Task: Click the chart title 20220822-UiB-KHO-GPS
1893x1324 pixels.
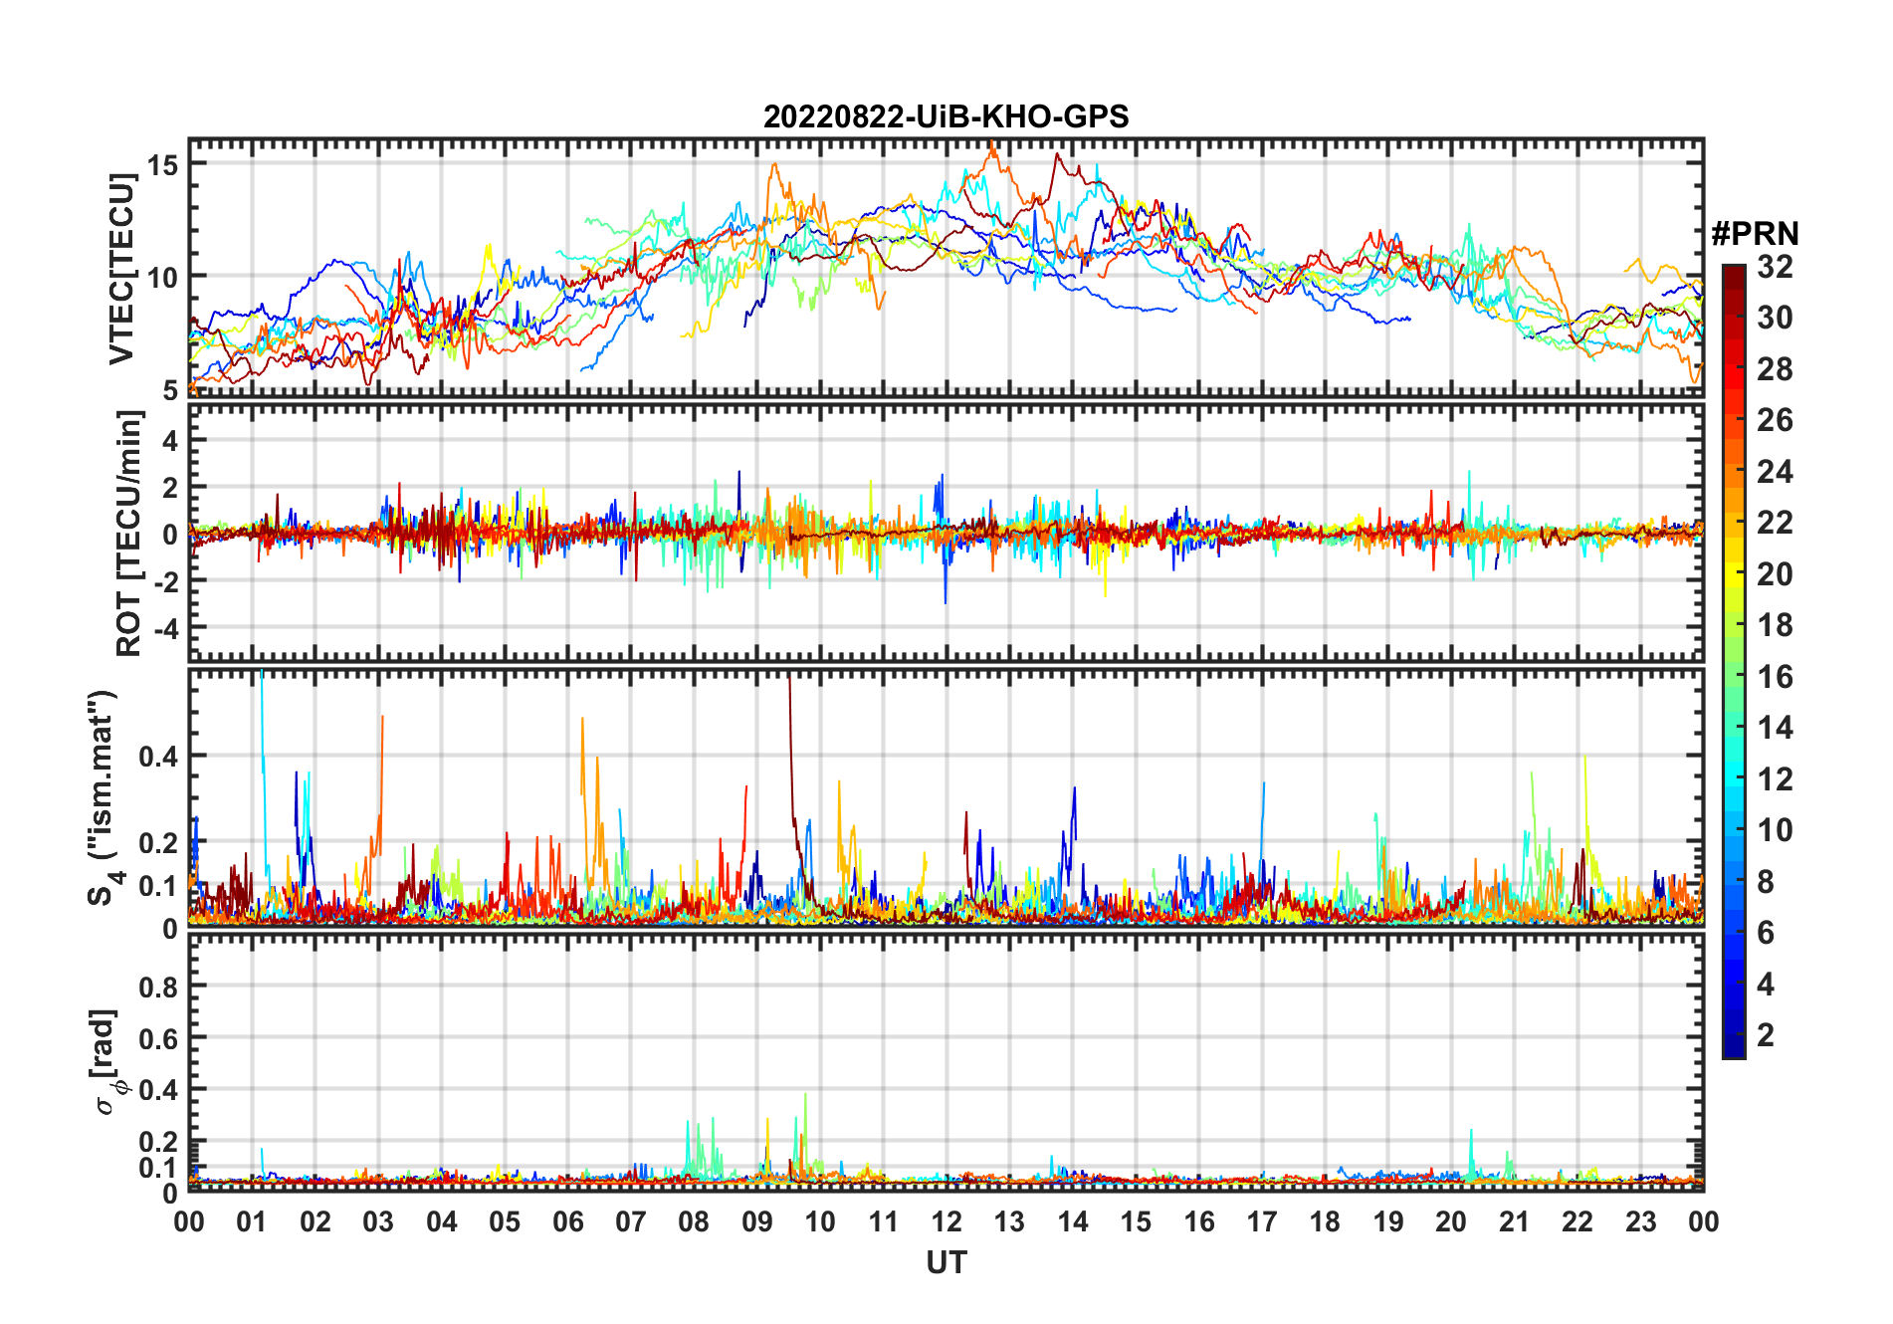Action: pos(946,117)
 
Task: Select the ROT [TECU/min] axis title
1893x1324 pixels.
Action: pos(128,534)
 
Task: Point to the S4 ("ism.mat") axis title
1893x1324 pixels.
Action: pos(104,796)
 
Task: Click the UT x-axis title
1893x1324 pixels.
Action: pos(946,1263)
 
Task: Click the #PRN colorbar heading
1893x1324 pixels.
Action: pos(1755,234)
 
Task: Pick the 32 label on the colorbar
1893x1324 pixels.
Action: pos(1775,267)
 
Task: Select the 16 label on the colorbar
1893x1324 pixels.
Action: pos(1775,677)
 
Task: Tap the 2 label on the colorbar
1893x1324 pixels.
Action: pos(1766,1035)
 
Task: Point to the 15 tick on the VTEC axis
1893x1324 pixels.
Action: pos(162,164)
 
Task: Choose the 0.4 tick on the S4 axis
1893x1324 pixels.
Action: pos(157,757)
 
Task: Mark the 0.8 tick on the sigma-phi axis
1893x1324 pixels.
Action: pos(157,987)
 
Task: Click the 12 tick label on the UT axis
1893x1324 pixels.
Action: pos(946,1221)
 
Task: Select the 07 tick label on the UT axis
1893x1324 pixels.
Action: pos(631,1221)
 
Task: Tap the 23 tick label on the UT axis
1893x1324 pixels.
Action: pos(1640,1221)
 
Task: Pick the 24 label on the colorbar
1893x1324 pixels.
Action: pos(1775,472)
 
